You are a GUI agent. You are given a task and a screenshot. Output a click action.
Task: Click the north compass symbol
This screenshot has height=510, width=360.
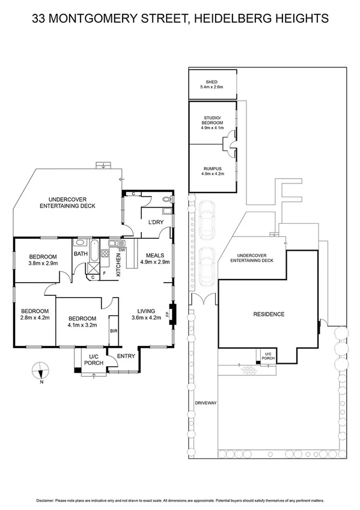[x=40, y=369]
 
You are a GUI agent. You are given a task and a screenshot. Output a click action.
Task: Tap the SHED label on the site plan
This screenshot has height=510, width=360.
[x=212, y=84]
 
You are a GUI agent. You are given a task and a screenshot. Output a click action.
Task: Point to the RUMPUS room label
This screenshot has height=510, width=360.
[x=212, y=170]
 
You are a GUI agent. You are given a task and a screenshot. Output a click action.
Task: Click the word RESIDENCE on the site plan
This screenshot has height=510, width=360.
[x=268, y=314]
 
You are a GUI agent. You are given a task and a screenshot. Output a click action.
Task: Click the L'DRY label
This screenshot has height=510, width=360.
[x=156, y=223]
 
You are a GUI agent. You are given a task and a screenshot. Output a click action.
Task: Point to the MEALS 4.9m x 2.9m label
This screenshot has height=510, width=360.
[x=154, y=258]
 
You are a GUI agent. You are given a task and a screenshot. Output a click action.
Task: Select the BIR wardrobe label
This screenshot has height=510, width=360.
[x=113, y=331]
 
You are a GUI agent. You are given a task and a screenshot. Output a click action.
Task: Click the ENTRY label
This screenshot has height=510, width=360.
[x=126, y=356]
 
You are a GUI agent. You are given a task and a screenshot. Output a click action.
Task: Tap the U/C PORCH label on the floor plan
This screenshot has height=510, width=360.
[x=93, y=360]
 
